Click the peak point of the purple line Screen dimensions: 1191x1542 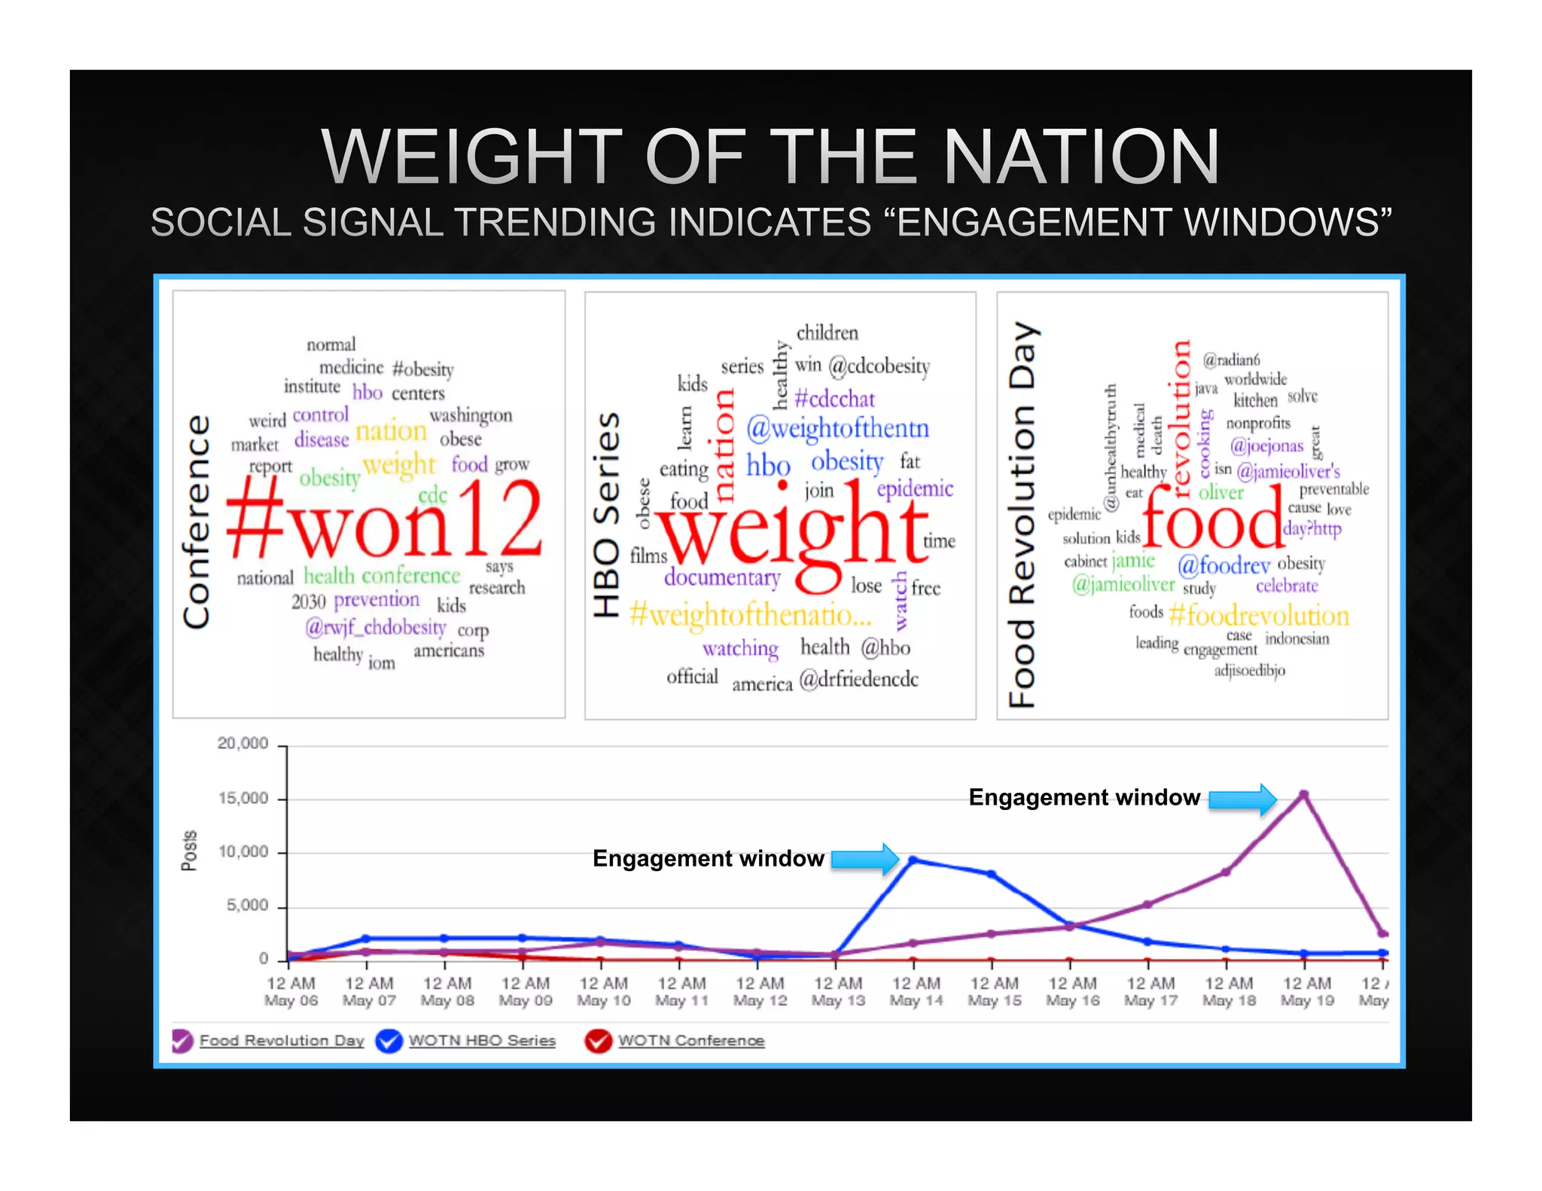[x=1304, y=795]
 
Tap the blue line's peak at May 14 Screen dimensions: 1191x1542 [x=913, y=860]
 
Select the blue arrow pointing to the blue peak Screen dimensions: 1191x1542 [x=865, y=859]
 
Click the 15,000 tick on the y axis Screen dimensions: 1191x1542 [x=243, y=798]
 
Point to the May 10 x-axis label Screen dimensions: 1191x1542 [x=603, y=991]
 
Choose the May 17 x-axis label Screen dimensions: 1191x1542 [x=1150, y=991]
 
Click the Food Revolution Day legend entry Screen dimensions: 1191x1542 [x=281, y=1040]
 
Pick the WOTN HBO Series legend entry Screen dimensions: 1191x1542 [x=481, y=1040]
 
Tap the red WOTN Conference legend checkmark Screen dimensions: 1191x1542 [x=599, y=1040]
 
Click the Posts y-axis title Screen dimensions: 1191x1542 [x=189, y=851]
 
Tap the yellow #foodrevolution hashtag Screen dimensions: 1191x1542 [x=1258, y=616]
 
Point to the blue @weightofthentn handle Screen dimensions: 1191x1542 [x=837, y=428]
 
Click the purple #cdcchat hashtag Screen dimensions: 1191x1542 [x=834, y=398]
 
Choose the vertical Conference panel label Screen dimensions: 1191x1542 [x=197, y=521]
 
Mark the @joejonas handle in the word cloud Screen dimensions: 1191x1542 [x=1266, y=446]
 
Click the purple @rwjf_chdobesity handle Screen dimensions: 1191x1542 [x=376, y=627]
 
